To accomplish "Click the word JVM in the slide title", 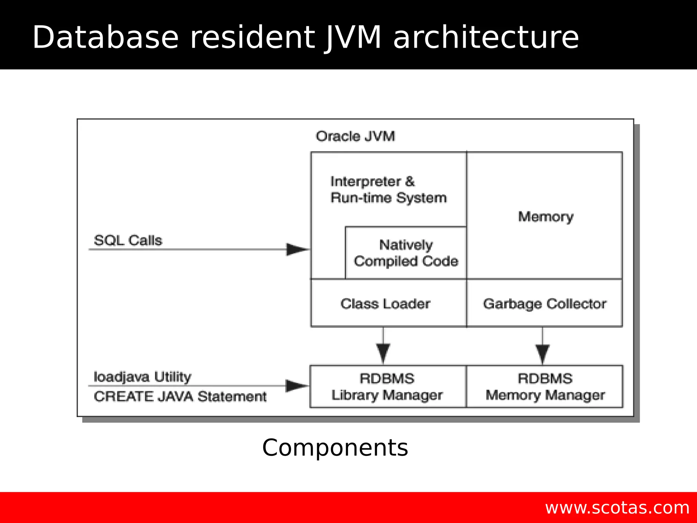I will (353, 37).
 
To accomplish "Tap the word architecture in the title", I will (486, 37).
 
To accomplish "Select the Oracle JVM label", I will (355, 136).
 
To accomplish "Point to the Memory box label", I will (546, 217).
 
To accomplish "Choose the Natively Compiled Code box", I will (406, 253).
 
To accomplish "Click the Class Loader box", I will (385, 304).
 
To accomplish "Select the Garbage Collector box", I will (545, 304).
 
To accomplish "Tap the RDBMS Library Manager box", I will (387, 387).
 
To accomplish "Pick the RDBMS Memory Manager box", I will (545, 387).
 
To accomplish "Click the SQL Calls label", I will (128, 240).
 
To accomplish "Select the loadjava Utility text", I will (142, 377).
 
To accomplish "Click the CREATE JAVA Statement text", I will (180, 397).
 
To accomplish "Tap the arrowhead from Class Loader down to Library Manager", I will (383, 353).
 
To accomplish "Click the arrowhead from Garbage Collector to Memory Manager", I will (542, 353).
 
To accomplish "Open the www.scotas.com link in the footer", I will (617, 508).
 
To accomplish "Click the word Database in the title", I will (106, 37).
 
